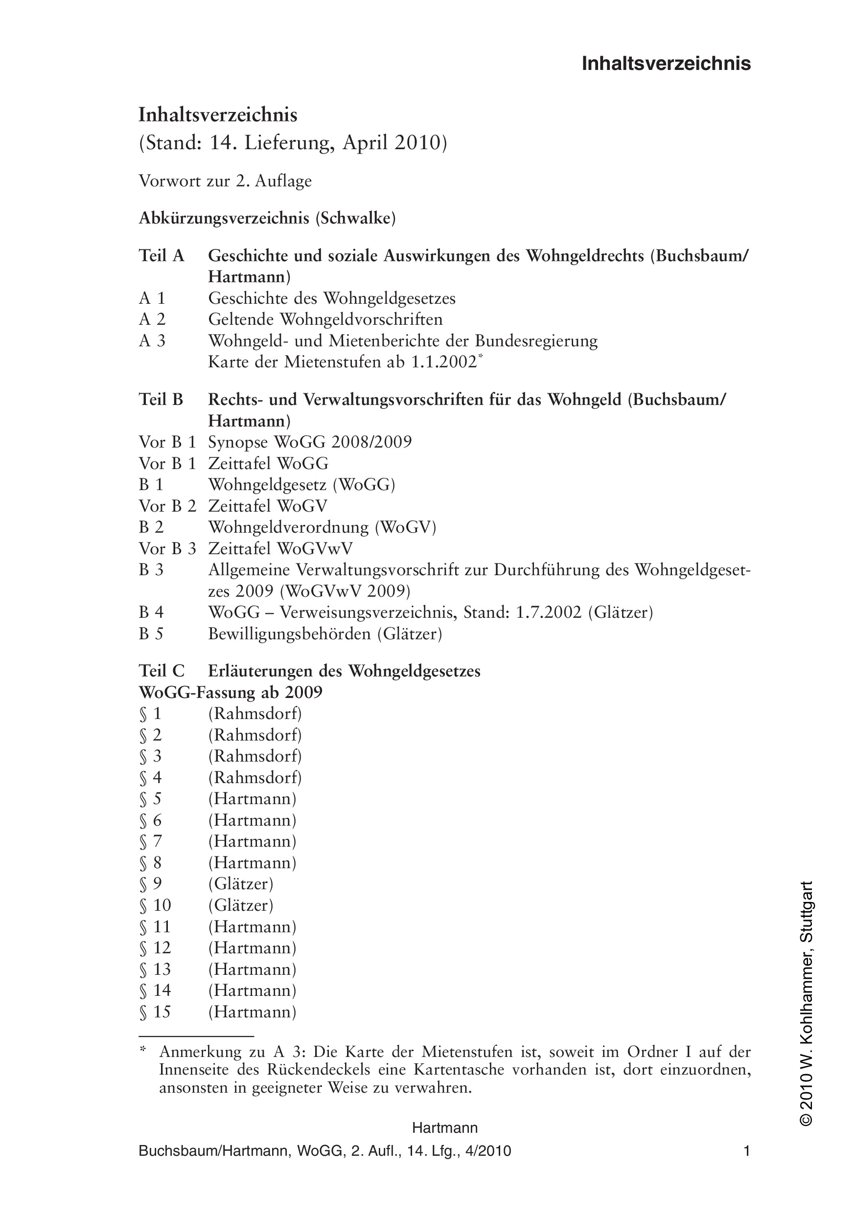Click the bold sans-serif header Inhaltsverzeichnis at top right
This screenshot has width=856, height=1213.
click(x=666, y=64)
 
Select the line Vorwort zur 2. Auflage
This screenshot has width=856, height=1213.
click(x=225, y=181)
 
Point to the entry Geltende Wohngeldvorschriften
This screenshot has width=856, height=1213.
click(x=325, y=319)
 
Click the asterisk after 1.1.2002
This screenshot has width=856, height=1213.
click(x=480, y=357)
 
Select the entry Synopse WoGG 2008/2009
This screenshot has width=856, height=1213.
click(x=310, y=442)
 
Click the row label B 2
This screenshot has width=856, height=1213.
click(x=151, y=527)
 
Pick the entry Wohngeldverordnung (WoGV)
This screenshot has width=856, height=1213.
click(x=322, y=527)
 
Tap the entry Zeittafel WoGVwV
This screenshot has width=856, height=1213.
click(x=280, y=548)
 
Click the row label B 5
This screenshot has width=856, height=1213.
click(x=151, y=633)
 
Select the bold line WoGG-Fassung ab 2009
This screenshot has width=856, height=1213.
click(x=231, y=692)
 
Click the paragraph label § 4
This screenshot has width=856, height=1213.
click(x=150, y=777)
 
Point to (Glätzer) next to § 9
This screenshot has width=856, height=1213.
click(x=241, y=883)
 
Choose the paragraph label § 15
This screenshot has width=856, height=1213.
click(x=155, y=1011)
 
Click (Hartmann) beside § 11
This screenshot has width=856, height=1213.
click(x=252, y=926)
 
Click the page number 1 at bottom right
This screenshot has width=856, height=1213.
click(x=746, y=1151)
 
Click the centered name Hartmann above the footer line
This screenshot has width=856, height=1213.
click(x=445, y=1128)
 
